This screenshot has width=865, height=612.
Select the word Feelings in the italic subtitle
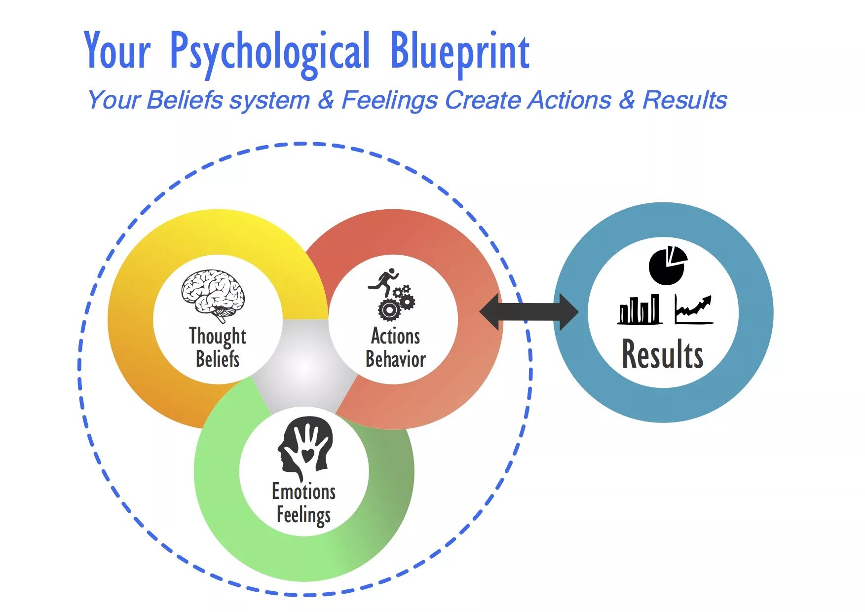(389, 100)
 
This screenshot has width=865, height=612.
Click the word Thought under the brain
(218, 337)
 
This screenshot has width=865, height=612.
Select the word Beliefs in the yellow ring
(218, 359)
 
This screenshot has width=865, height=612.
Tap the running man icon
(384, 280)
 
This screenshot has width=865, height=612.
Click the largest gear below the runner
(389, 310)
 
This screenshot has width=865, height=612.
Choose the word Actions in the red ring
(395, 337)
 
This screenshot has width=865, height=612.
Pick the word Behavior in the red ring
(395, 359)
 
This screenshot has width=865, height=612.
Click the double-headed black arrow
(528, 312)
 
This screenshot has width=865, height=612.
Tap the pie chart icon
(668, 266)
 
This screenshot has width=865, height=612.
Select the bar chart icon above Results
(639, 310)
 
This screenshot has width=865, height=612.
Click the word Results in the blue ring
(662, 354)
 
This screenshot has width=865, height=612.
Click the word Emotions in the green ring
(303, 492)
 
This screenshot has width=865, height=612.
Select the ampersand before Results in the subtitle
(627, 100)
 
